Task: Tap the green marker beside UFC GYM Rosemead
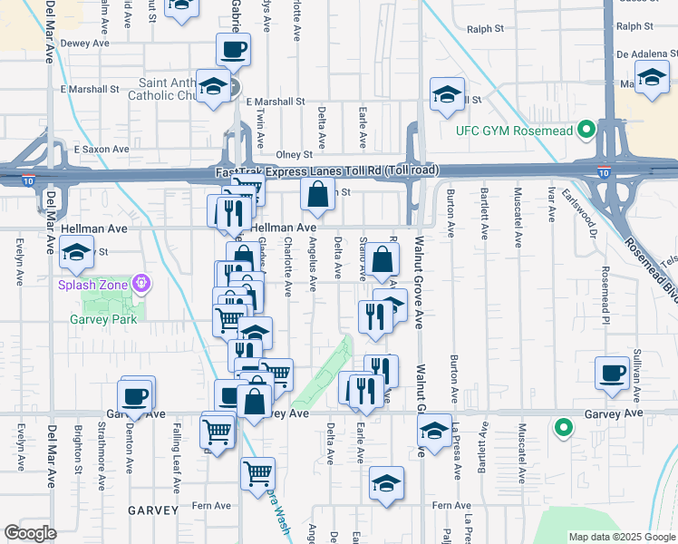(586, 130)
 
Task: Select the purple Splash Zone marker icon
(140, 285)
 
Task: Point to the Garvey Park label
(104, 319)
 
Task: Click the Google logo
(30, 532)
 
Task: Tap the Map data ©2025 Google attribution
(621, 537)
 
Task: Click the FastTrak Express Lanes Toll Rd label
(327, 171)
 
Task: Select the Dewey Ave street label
(85, 43)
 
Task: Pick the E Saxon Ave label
(102, 149)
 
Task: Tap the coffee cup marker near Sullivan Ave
(613, 372)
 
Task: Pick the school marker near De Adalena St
(652, 78)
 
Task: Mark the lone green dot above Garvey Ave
(563, 425)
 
